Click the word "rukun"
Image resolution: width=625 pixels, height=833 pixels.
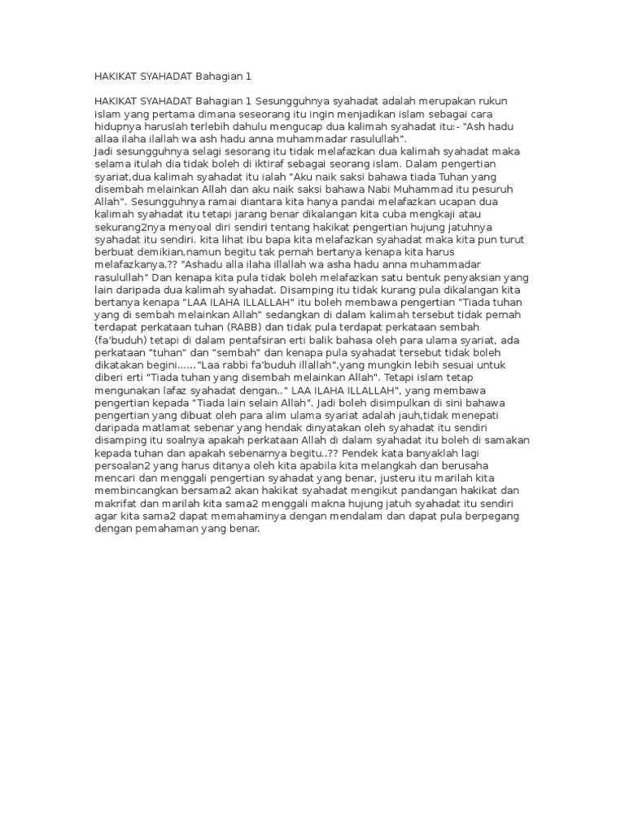(513, 101)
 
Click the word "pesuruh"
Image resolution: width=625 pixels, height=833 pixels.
(502, 189)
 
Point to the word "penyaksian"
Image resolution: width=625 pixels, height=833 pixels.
(487, 277)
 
